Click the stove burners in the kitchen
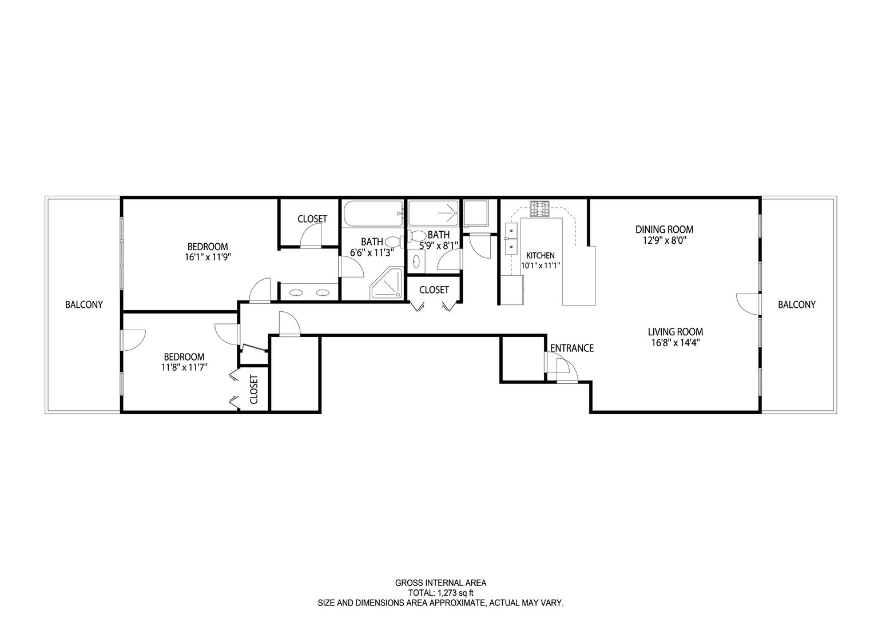point(539,209)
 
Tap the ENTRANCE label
point(572,348)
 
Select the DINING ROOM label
point(664,229)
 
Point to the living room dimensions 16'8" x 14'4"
point(676,343)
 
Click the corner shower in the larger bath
point(387,283)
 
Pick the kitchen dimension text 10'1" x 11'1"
point(541,266)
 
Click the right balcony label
point(797,304)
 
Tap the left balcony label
point(84,304)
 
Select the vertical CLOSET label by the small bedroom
point(253,390)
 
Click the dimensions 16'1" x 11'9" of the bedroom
point(208,257)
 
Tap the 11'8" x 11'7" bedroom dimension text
point(184,367)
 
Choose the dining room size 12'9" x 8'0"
point(665,240)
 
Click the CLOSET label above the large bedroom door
point(312,219)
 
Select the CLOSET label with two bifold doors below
point(434,290)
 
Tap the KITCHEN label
point(540,256)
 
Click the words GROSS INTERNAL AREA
point(440,583)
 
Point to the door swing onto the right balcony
point(748,304)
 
